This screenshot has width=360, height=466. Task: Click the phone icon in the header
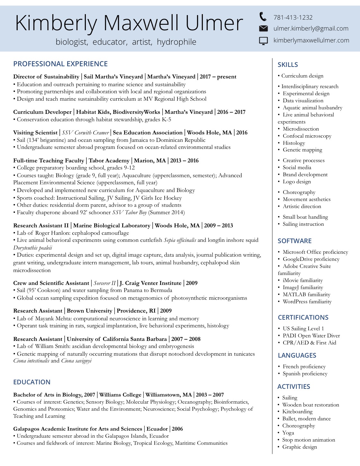click(x=263, y=16)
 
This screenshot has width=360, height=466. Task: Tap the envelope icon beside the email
click(x=263, y=29)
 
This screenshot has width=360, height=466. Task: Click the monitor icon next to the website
click(x=263, y=41)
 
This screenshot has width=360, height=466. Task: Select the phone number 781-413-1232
click(x=293, y=18)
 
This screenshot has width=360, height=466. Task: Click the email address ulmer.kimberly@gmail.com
click(x=311, y=29)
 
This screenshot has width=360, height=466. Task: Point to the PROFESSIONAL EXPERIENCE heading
click(x=60, y=64)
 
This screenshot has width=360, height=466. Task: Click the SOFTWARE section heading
click(x=294, y=241)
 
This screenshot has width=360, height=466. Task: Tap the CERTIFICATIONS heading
click(x=303, y=317)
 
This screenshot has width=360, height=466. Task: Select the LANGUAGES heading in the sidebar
click(x=297, y=355)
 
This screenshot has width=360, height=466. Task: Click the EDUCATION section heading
click(x=32, y=382)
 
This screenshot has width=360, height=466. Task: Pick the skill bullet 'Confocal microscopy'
click(x=307, y=136)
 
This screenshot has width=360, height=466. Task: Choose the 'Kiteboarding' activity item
click(x=297, y=412)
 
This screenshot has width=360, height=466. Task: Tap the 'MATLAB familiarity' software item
click(x=306, y=295)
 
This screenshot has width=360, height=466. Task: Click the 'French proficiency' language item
click(x=304, y=367)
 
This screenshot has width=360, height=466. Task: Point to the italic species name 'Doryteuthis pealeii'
click(x=32, y=248)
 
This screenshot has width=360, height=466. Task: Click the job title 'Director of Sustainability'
click(x=46, y=77)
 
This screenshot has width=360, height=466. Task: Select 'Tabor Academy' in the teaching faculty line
click(x=109, y=160)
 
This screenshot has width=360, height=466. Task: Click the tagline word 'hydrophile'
click(x=176, y=42)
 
